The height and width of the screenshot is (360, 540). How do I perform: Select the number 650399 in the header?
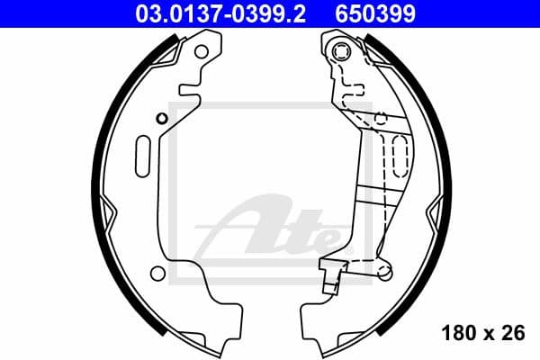[382, 13]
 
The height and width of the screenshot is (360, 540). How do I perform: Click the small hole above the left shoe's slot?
[160, 118]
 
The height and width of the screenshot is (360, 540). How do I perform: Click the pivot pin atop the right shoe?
[342, 51]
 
